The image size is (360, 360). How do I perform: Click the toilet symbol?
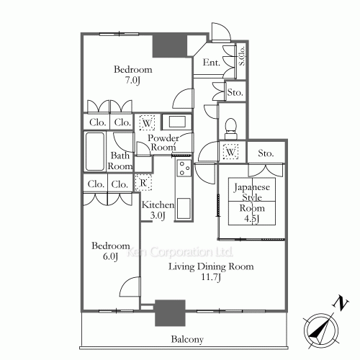[x=231, y=128]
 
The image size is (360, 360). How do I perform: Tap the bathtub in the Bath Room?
[x=95, y=151]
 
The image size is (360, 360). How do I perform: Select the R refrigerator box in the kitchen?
[x=143, y=182]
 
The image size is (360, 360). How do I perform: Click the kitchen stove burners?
[x=184, y=168]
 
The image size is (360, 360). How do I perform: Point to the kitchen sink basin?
[x=184, y=209]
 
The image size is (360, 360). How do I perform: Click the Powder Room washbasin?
[x=177, y=122]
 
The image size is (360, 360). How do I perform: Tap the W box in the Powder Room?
[x=147, y=123]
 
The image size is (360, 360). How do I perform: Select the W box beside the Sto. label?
[x=230, y=151]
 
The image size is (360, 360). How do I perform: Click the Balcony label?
[x=187, y=339]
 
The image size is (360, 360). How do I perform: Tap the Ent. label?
[x=211, y=63]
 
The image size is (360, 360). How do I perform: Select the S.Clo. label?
[x=242, y=55]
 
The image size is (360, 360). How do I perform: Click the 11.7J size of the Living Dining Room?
[x=211, y=277]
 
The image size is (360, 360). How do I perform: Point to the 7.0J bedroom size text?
[x=132, y=81]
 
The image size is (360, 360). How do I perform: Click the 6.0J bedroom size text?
[x=110, y=257]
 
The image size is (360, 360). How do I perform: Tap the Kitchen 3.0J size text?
[x=158, y=216]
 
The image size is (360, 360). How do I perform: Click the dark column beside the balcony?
[x=170, y=312]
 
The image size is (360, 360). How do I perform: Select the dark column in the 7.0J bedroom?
[x=170, y=46]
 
